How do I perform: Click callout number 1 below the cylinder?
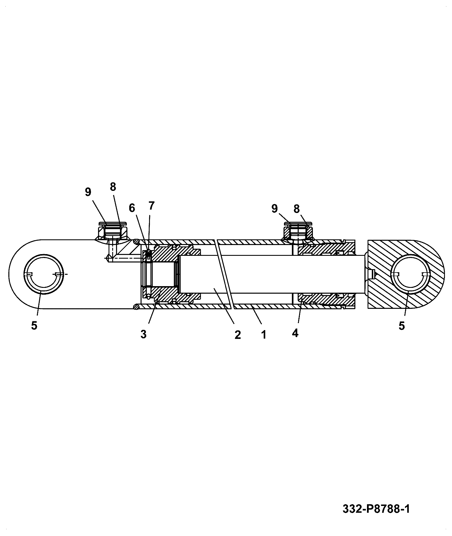click(x=264, y=335)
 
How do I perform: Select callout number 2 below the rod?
click(x=237, y=335)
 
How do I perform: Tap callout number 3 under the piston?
click(x=143, y=334)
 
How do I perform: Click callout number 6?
click(x=132, y=208)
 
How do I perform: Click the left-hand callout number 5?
click(x=34, y=326)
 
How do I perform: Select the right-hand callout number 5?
click(x=402, y=326)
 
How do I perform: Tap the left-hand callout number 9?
click(x=88, y=192)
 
